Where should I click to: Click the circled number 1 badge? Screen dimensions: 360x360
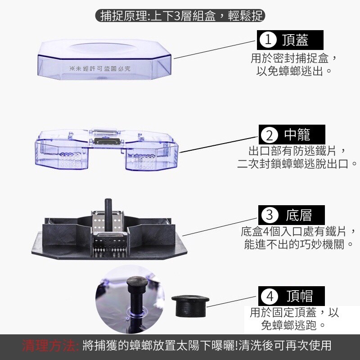point(268,40)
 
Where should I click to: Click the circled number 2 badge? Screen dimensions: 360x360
point(269,135)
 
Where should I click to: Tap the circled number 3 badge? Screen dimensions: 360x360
point(269,215)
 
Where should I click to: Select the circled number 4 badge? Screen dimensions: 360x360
point(270,296)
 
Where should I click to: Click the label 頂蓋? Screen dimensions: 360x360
point(295,40)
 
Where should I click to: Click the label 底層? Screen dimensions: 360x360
point(299,215)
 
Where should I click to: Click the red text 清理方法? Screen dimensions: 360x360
point(49,346)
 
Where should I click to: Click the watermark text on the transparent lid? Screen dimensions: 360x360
point(100,68)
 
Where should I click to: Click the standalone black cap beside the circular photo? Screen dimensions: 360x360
point(190,306)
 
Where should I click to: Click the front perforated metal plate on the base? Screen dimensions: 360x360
point(110,246)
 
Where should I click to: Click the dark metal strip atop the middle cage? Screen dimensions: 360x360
point(106,141)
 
